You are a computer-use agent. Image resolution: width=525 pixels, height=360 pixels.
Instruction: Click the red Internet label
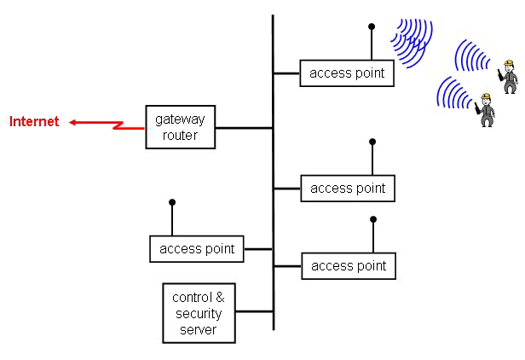pyautogui.click(x=34, y=122)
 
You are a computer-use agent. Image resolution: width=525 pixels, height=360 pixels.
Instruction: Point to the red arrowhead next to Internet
pyautogui.click(x=74, y=122)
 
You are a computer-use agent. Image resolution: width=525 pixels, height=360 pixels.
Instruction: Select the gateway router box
pyautogui.click(x=180, y=127)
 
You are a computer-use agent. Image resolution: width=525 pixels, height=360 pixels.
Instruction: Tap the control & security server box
pyautogui.click(x=199, y=313)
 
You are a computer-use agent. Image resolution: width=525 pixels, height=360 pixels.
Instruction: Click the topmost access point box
pyautogui.click(x=347, y=73)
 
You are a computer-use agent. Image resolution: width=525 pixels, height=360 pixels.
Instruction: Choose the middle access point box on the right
pyautogui.click(x=348, y=188)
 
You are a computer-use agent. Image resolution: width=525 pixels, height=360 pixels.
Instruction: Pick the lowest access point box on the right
pyautogui.click(x=349, y=266)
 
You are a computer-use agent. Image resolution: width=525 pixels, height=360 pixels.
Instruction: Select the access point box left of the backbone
pyautogui.click(x=197, y=249)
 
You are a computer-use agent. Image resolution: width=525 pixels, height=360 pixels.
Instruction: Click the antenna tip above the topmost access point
pyautogui.click(x=371, y=26)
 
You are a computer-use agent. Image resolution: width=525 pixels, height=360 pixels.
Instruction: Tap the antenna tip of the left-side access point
pyautogui.click(x=172, y=202)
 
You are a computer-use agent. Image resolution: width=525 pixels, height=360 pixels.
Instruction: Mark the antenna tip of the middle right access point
pyautogui.click(x=372, y=142)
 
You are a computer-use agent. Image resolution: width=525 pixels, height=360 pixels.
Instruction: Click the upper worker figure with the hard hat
pyautogui.click(x=509, y=77)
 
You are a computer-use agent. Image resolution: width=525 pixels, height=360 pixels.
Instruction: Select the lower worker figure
pyautogui.click(x=487, y=109)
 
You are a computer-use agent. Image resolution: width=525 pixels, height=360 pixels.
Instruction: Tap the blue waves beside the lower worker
pyautogui.click(x=452, y=94)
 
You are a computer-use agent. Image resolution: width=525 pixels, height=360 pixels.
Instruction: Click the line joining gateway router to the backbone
pyautogui.click(x=244, y=128)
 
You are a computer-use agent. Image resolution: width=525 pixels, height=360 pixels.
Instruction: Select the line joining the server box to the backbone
pyautogui.click(x=254, y=313)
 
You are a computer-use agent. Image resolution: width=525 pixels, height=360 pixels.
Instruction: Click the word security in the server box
pyautogui.click(x=199, y=313)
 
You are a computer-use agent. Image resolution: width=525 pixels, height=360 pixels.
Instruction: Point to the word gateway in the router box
pyautogui.click(x=180, y=119)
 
